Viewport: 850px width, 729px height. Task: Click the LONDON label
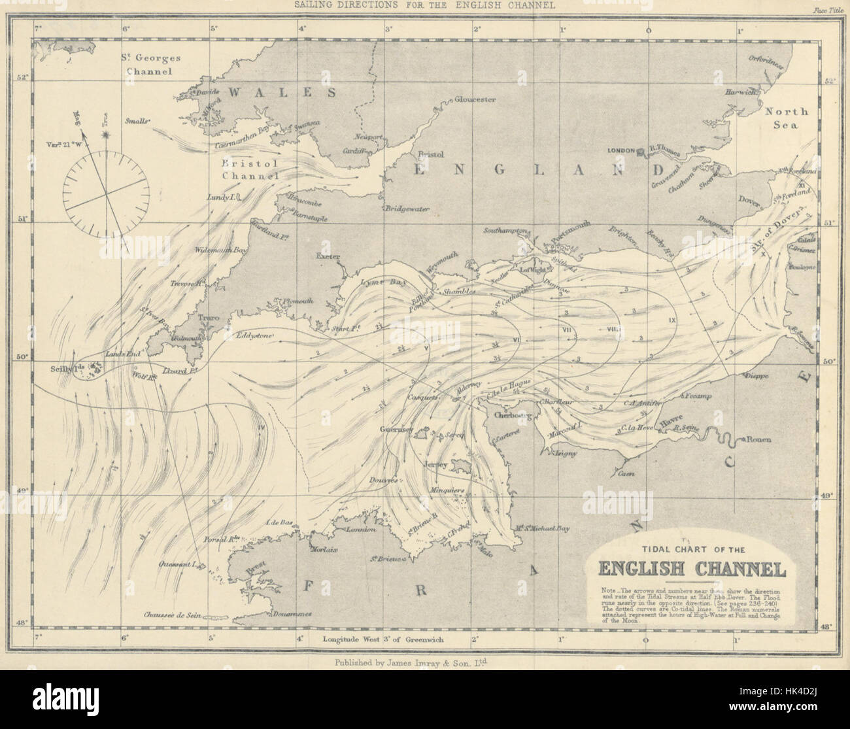click(x=621, y=150)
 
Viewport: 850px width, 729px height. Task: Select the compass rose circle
click(x=105, y=194)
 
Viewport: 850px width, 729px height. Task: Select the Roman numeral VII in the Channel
click(x=566, y=329)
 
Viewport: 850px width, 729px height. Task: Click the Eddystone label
click(x=255, y=336)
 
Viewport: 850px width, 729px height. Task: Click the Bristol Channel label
click(x=250, y=169)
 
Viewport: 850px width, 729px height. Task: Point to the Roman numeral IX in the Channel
click(x=671, y=320)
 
